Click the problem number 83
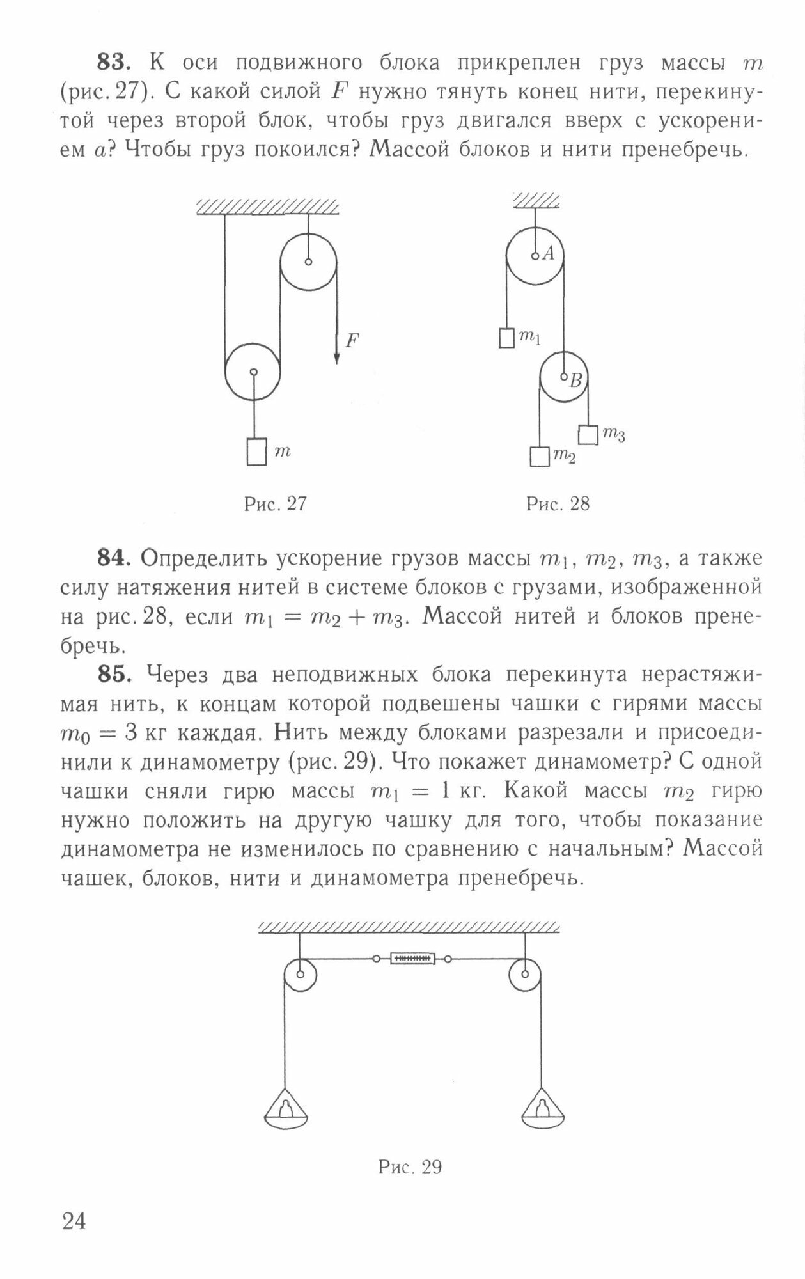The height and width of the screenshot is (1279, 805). click(x=114, y=63)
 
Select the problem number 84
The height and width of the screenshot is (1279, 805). click(x=114, y=558)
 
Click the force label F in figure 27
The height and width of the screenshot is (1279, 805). click(x=352, y=341)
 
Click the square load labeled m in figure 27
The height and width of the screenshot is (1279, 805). click(x=256, y=451)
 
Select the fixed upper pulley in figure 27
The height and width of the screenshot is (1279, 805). click(x=308, y=262)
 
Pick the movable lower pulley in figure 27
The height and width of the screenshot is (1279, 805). click(x=253, y=372)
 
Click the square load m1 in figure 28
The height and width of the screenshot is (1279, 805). click(x=506, y=338)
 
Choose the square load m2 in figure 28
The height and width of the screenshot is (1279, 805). click(x=539, y=457)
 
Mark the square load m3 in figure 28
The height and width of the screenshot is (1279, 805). click(x=588, y=435)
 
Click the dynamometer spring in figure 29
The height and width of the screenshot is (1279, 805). click(x=412, y=959)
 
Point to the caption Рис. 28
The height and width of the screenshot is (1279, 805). click(x=558, y=504)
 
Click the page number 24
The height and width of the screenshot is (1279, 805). click(x=74, y=1221)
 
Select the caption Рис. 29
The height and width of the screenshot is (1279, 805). click(x=410, y=1167)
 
